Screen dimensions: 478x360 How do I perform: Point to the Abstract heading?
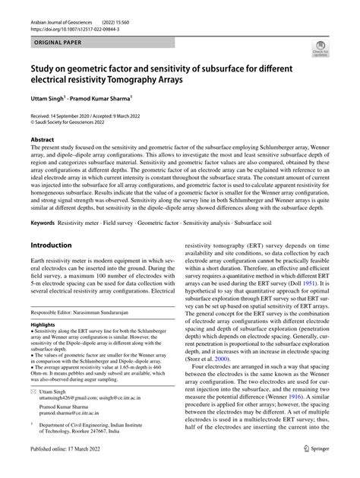pos(42,140)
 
